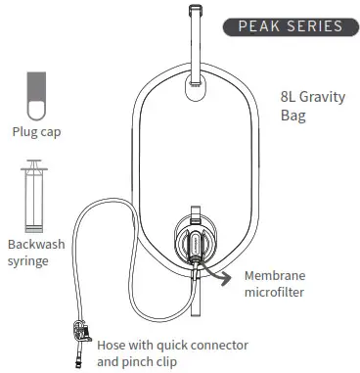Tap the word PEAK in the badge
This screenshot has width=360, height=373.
point(259,25)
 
